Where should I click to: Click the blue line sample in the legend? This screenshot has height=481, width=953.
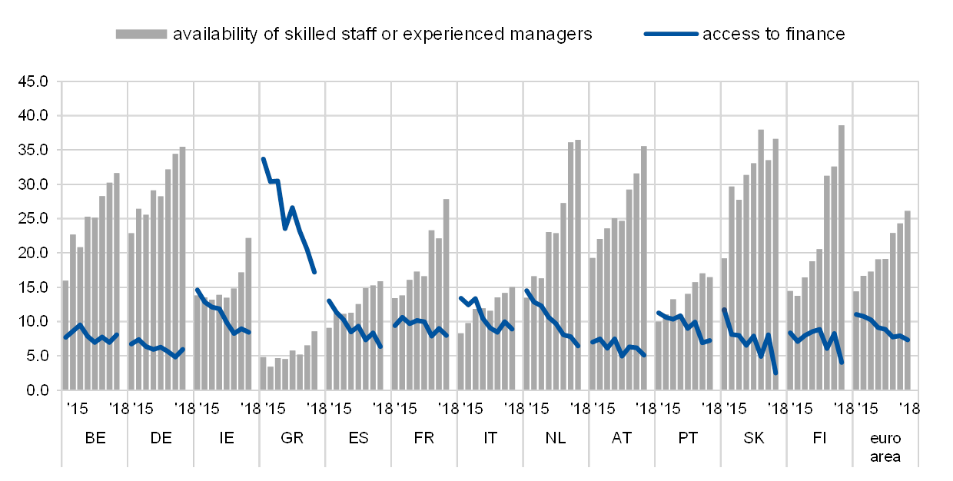(671, 34)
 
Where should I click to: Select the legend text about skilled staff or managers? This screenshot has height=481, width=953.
(383, 34)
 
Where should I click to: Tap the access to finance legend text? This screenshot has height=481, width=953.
(772, 34)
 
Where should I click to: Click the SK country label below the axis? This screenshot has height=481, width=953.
(754, 437)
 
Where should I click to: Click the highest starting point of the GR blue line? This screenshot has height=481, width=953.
(263, 159)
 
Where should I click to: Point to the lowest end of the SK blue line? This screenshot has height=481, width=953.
(775, 373)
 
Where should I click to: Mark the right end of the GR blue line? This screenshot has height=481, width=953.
(314, 273)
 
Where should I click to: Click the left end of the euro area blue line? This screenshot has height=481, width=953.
(856, 313)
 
